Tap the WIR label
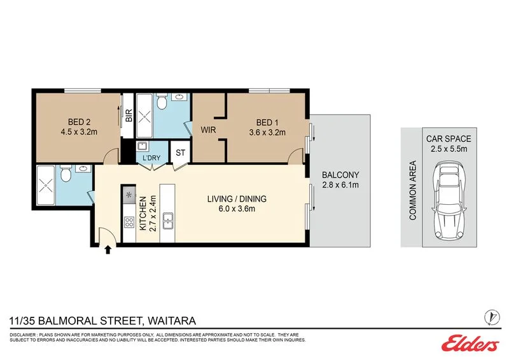click(208, 129)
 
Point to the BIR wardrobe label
click(128, 116)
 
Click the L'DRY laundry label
click(151, 157)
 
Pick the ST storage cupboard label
click(180, 153)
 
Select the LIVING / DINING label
click(237, 199)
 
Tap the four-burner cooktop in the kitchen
click(129, 223)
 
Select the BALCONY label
click(340, 175)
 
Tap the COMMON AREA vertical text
click(412, 198)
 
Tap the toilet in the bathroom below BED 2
click(65, 174)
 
